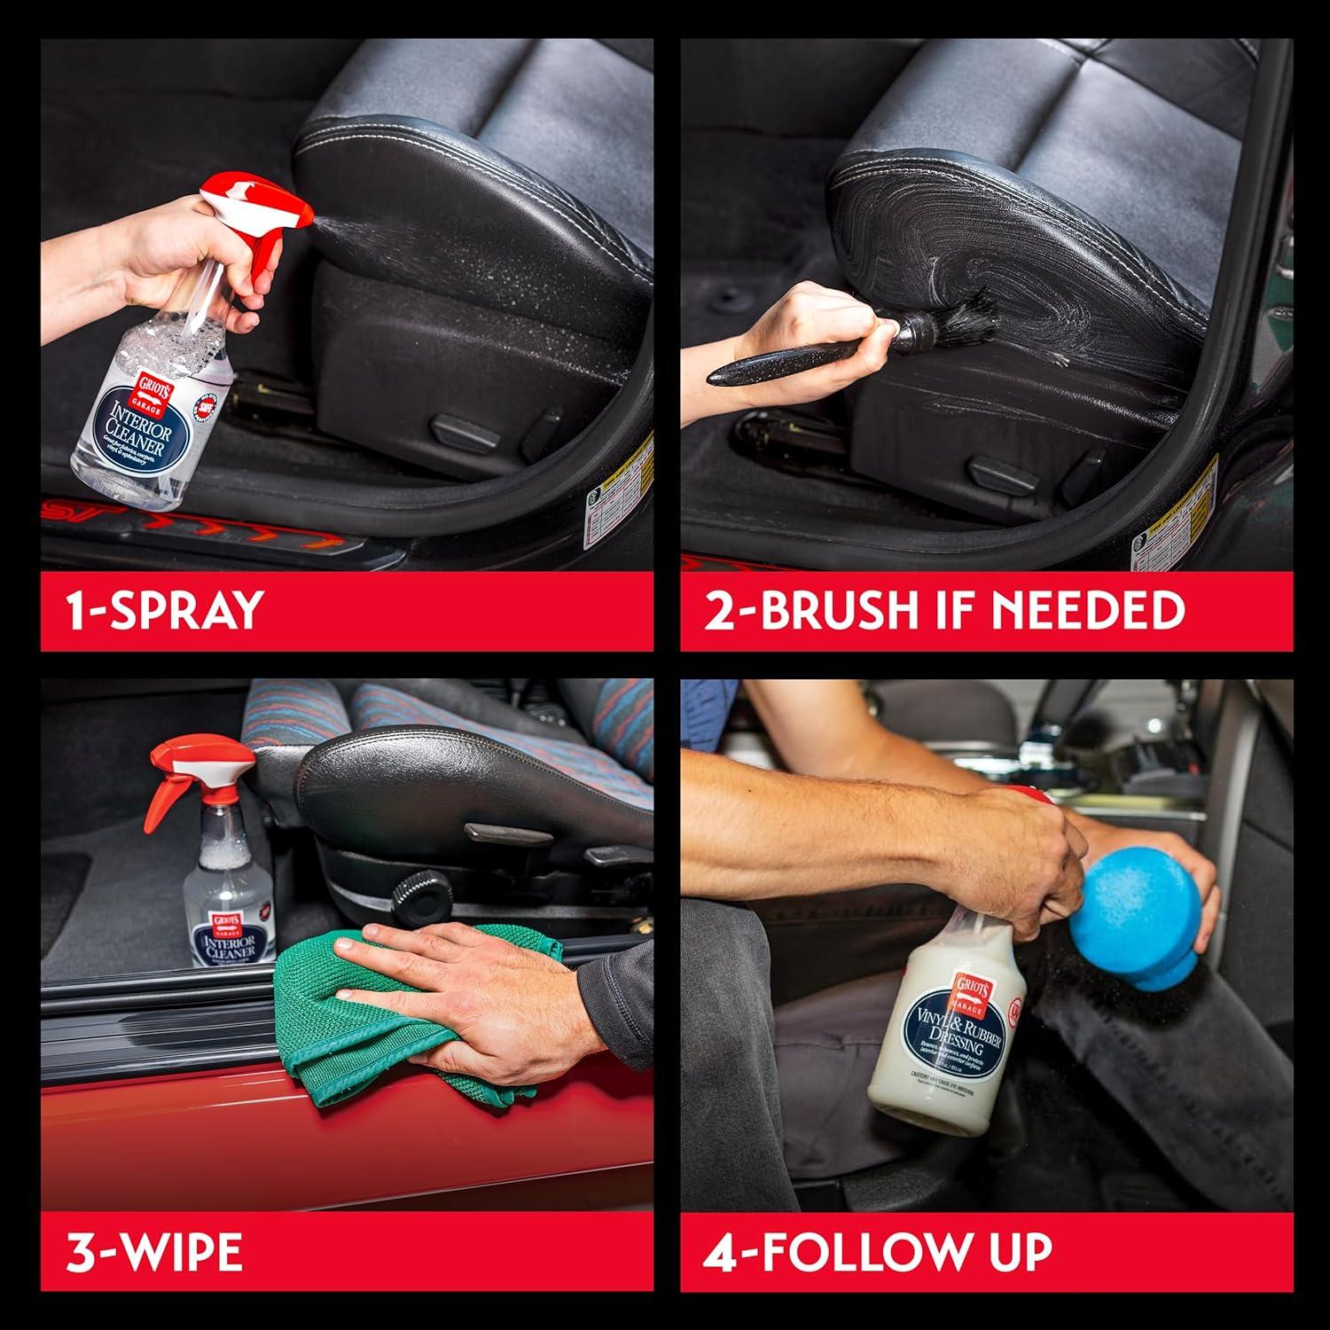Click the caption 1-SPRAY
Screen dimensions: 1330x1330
tap(165, 610)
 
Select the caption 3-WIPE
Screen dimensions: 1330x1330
tap(154, 1252)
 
